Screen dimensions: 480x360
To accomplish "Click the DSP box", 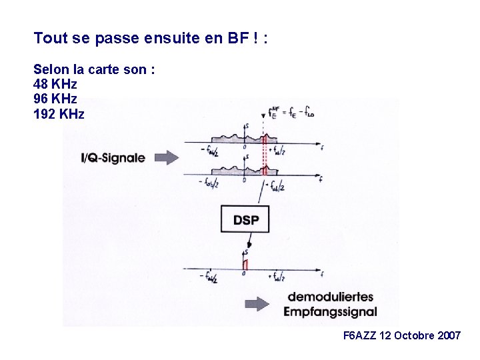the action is [x=245, y=218].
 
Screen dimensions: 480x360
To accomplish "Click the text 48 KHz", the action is [x=55, y=85].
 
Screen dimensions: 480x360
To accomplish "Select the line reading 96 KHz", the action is [x=55, y=99].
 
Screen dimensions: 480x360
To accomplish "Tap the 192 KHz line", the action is [x=59, y=114].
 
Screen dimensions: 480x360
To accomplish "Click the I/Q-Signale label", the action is [x=113, y=158].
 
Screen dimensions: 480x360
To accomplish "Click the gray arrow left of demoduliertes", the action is [x=257, y=304].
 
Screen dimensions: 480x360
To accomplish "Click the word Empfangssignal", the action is [x=330, y=311].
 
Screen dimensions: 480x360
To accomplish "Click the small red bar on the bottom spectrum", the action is [x=245, y=265].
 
